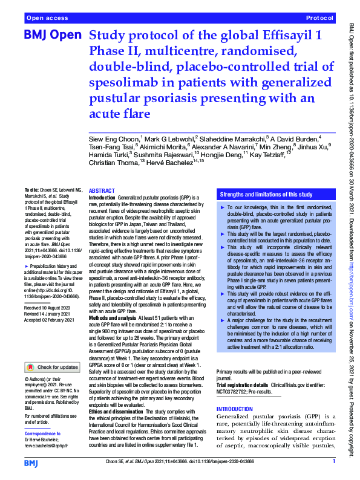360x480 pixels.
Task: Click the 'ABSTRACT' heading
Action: [102, 190]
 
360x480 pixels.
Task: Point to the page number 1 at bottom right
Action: [333, 462]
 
